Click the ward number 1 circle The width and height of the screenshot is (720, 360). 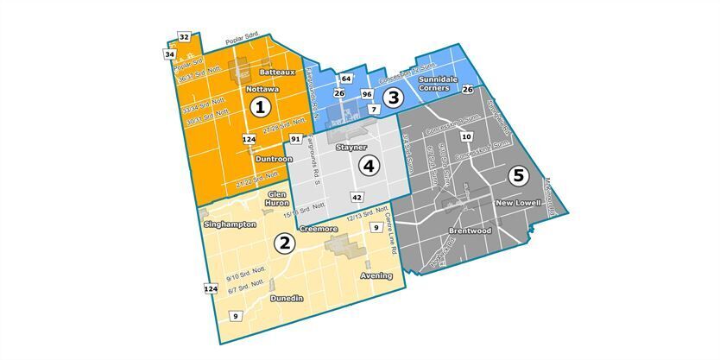pyautogui.click(x=259, y=107)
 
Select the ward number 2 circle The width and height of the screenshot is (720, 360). pyautogui.click(x=283, y=243)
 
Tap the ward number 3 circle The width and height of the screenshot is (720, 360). pyautogui.click(x=394, y=98)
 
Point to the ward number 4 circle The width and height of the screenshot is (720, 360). pyautogui.click(x=369, y=166)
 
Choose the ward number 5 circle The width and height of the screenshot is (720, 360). pyautogui.click(x=517, y=175)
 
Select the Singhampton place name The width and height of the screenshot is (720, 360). pyautogui.click(x=230, y=224)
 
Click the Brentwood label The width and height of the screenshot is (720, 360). pyautogui.click(x=470, y=231)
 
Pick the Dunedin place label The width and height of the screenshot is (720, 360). pyautogui.click(x=286, y=298)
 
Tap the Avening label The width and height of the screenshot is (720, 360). pyautogui.click(x=376, y=276)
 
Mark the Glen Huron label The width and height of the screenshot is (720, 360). pyautogui.click(x=277, y=199)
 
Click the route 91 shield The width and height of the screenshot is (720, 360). pyautogui.click(x=295, y=139)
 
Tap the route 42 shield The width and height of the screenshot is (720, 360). pyautogui.click(x=356, y=198)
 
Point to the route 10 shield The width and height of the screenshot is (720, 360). pyautogui.click(x=466, y=136)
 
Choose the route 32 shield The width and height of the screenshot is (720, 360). pyautogui.click(x=184, y=36)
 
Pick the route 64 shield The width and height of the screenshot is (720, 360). pyautogui.click(x=345, y=79)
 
